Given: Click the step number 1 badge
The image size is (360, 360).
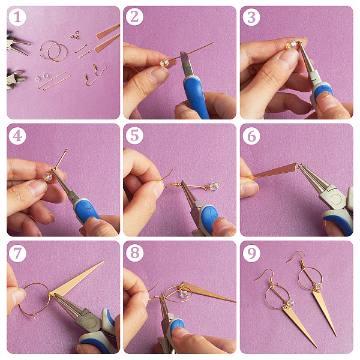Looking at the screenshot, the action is coord(17,17).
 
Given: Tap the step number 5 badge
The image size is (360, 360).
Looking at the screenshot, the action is coord(134,136).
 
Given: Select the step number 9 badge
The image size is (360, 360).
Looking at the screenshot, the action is coord(251,253).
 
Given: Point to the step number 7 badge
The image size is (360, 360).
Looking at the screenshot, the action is coord(17,253).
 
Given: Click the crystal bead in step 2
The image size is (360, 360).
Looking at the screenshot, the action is coord(164,62).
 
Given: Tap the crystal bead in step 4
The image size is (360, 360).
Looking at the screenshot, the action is coord(48,176).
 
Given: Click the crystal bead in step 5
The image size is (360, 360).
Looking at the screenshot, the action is coord(214,186).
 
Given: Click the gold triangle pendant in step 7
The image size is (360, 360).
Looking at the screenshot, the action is coord(73,281).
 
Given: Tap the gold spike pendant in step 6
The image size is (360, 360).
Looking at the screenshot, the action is coord(275,171).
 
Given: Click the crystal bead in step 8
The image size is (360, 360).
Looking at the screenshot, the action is coord(184,295).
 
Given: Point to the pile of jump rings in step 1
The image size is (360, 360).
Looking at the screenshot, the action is coord(75,35).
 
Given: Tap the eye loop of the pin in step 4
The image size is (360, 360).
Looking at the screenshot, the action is coord(66,151).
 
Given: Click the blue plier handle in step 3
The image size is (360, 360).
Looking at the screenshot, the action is coord(323,91).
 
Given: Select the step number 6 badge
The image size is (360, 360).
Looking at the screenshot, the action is coord(251,136).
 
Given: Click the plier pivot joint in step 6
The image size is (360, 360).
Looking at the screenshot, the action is coord(335,199).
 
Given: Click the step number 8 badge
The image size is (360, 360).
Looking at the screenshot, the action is coord(134,253).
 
